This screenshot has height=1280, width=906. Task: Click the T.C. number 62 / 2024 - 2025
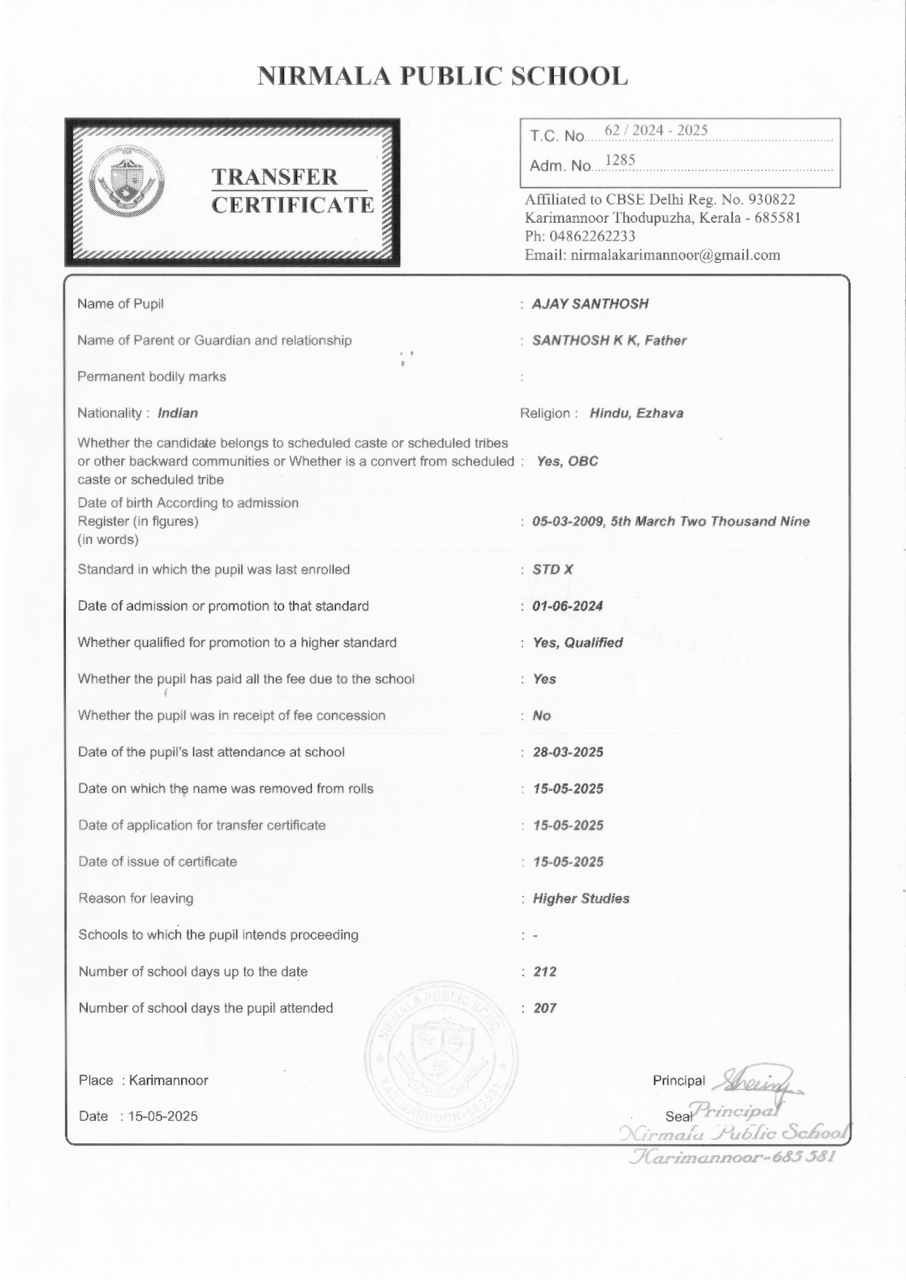tap(656, 130)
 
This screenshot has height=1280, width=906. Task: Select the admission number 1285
tap(619, 161)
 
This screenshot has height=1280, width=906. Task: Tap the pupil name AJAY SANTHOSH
tap(590, 304)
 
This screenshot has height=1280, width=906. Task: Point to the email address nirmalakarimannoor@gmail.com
tap(675, 255)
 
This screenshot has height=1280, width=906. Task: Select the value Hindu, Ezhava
tap(636, 413)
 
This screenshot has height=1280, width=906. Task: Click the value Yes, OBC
tap(567, 461)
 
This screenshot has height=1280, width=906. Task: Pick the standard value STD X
tap(553, 569)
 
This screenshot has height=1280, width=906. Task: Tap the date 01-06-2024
tap(567, 606)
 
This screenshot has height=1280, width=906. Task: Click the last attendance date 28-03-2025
tap(568, 752)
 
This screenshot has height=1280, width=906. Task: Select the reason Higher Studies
tap(581, 899)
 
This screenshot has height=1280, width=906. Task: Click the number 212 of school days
tap(545, 972)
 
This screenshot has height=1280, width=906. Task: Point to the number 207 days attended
tap(545, 1008)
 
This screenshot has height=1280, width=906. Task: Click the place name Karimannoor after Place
tap(168, 1080)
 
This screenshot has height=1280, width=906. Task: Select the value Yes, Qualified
tap(577, 643)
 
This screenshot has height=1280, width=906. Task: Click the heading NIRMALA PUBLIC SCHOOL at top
tap(442, 76)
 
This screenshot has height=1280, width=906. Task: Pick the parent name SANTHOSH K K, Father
tap(609, 341)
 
